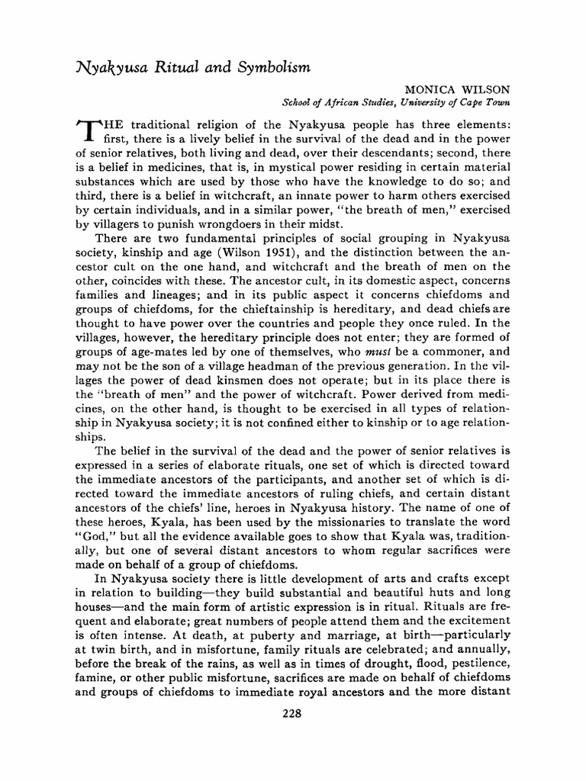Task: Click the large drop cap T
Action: point(85,131)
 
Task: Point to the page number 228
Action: point(292,714)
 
